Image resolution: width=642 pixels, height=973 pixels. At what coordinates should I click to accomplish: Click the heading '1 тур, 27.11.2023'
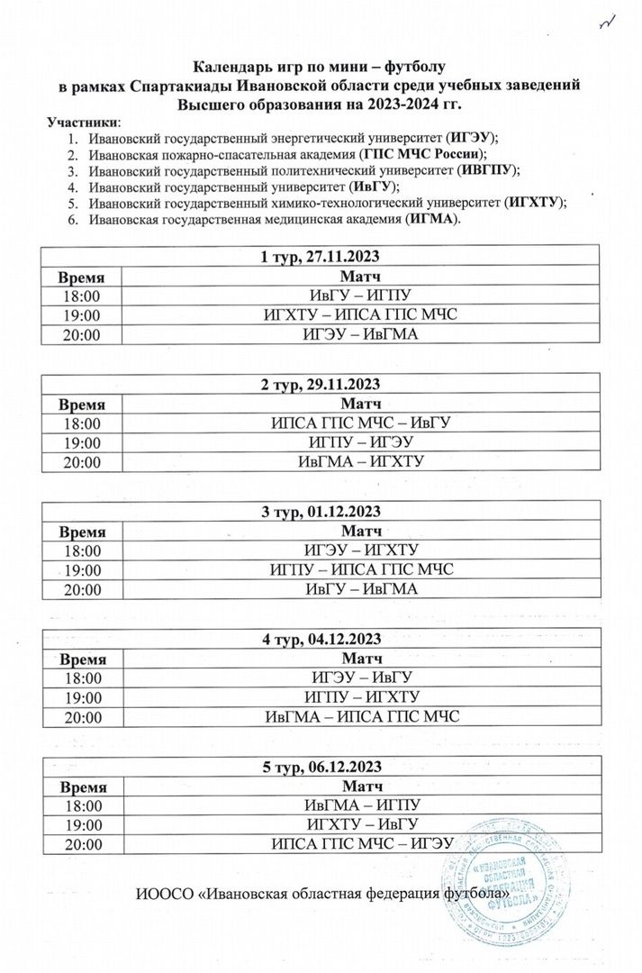321,259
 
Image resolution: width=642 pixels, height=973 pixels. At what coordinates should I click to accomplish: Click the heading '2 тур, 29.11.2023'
321,386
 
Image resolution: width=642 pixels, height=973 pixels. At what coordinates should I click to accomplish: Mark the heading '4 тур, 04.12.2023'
321,640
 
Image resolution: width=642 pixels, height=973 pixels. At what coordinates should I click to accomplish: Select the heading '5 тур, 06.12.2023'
321,768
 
